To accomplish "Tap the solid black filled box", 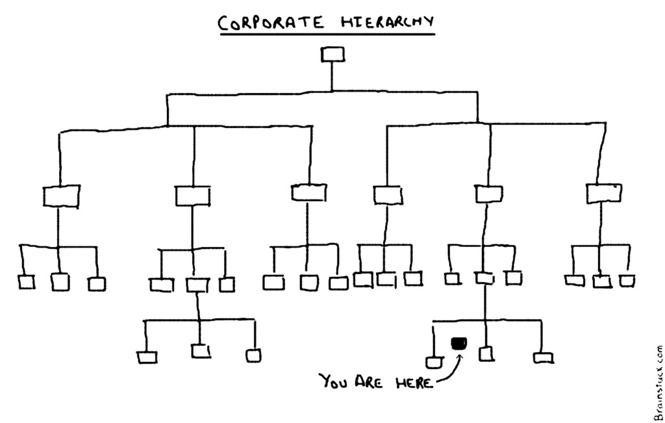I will pos(459,343).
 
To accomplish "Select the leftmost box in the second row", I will pos(60,196).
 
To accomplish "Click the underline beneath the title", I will pos(327,34).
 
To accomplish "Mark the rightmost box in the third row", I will pos(626,281).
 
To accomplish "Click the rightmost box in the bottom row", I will pos(542,357).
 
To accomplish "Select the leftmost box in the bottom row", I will pos(147,357).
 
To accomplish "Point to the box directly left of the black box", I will pos(433,361).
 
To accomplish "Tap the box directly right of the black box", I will pos(486,353).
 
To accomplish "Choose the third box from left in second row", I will pos(308,192).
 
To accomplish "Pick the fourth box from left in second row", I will pos(388,194).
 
